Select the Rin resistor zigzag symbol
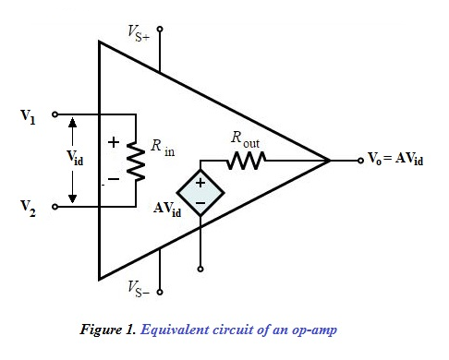pos(136,161)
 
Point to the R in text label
pos(162,148)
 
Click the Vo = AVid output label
pos(396,160)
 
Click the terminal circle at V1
pos(55,115)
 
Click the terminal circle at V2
pos(55,206)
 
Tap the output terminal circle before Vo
pos(360,161)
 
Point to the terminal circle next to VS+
pos(160,30)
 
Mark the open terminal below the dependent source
pos(200,270)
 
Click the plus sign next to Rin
pos(115,144)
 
